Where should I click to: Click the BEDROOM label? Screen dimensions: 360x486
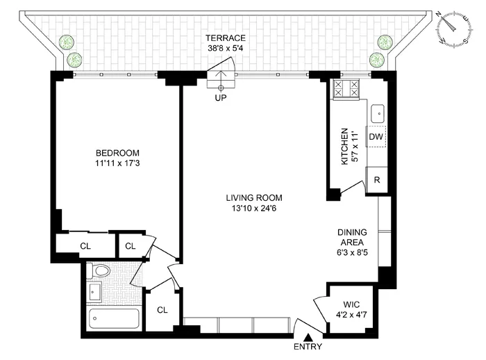(x=117, y=153)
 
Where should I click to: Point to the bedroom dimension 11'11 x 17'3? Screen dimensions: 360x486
(x=117, y=164)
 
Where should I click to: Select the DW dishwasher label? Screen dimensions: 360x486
(x=376, y=137)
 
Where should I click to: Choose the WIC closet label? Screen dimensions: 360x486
(x=351, y=304)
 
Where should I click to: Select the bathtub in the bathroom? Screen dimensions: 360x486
(x=115, y=320)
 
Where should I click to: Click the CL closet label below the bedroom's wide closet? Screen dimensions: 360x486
(x=85, y=245)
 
